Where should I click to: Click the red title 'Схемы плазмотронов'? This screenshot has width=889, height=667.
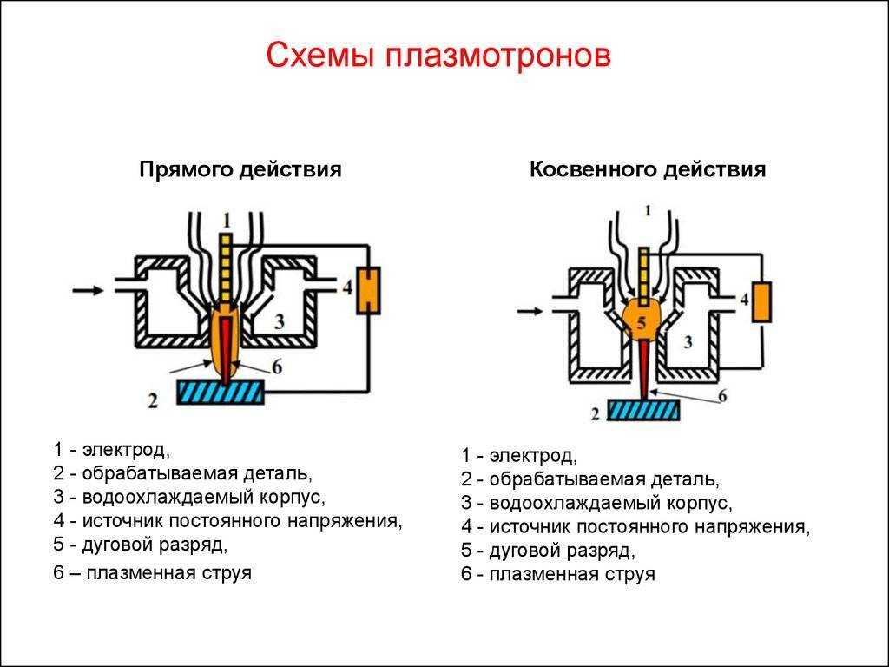438,56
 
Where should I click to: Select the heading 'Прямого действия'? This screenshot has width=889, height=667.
240,169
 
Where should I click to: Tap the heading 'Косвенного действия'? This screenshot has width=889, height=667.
648,169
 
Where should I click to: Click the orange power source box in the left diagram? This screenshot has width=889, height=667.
368,290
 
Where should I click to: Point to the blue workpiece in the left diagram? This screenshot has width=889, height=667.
221,392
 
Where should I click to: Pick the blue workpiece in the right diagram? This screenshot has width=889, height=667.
644,409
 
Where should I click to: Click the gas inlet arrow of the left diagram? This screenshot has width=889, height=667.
88,290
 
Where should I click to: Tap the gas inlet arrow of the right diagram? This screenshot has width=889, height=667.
530,311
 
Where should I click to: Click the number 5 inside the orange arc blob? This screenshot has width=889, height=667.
642,323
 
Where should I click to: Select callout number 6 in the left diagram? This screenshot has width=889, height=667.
277,367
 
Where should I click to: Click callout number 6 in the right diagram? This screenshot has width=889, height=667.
722,395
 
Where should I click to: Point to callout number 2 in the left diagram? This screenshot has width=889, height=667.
153,401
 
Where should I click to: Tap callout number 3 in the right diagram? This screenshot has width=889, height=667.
688,342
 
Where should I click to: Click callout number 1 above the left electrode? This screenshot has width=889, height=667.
227,219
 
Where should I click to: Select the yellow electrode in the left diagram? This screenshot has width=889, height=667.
227,267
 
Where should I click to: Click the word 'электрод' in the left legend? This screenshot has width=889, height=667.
127,450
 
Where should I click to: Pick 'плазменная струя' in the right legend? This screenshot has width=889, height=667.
572,574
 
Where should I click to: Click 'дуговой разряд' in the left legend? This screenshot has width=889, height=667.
155,545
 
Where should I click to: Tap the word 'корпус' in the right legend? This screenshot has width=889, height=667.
700,504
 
